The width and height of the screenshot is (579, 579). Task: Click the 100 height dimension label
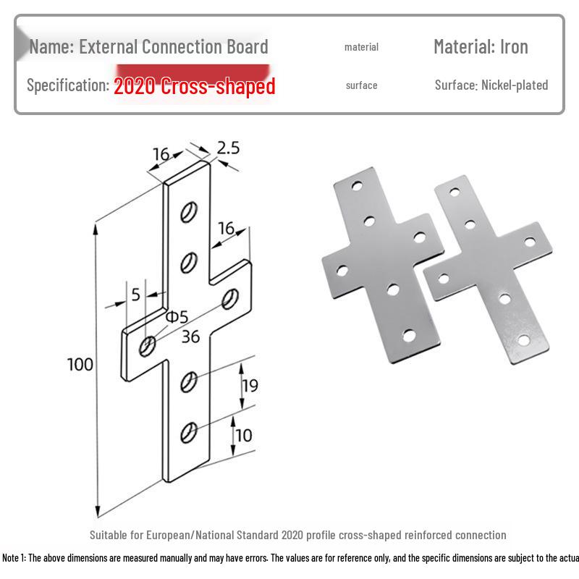pyautogui.click(x=80, y=364)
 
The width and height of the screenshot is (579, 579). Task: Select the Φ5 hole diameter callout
pyautogui.click(x=176, y=317)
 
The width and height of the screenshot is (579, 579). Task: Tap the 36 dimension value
pyautogui.click(x=190, y=337)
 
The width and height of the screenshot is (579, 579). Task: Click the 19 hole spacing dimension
pyautogui.click(x=249, y=386)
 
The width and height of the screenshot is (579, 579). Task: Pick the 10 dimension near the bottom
pyautogui.click(x=244, y=435)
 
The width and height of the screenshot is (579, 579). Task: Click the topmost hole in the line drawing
pyautogui.click(x=188, y=211)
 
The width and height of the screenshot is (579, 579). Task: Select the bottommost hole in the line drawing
pyautogui.click(x=188, y=432)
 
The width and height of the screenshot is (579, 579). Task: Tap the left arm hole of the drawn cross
pyautogui.click(x=147, y=346)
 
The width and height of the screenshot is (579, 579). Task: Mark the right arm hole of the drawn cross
pyautogui.click(x=231, y=297)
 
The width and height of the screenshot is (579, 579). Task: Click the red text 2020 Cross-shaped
pyautogui.click(x=195, y=86)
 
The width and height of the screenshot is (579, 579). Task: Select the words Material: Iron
pyautogui.click(x=481, y=47)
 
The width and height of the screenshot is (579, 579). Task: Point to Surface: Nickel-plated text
pyautogui.click(x=491, y=85)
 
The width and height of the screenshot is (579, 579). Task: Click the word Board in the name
pyautogui.click(x=246, y=47)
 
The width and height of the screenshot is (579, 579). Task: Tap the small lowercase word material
pyautogui.click(x=361, y=47)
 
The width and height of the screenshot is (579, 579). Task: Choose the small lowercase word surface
pyautogui.click(x=361, y=85)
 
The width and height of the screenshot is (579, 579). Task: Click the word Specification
pyautogui.click(x=67, y=85)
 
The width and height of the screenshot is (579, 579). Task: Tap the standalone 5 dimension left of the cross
pyautogui.click(x=135, y=294)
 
